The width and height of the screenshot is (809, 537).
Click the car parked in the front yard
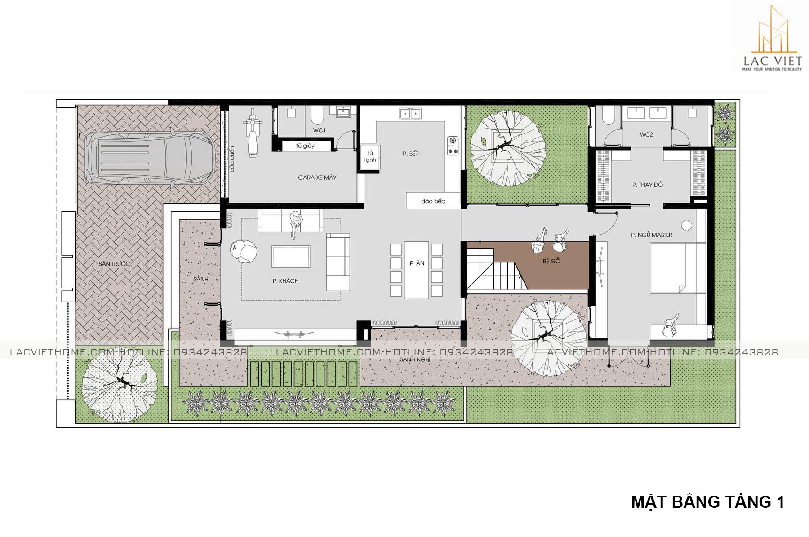pyautogui.click(x=149, y=157)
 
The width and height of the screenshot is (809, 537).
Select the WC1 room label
pyautogui.click(x=320, y=130)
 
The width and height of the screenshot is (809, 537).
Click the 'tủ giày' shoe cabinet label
pyautogui.click(x=305, y=146)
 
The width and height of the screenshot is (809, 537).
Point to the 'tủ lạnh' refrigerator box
pyautogui.click(x=370, y=157)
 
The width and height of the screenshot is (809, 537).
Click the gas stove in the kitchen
pyautogui.click(x=453, y=146)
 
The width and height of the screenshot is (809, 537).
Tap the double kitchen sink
pyautogui.click(x=410, y=113)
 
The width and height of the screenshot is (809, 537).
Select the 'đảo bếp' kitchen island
pyautogui.click(x=433, y=201)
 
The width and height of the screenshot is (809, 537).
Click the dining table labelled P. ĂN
pyautogui.click(x=416, y=270)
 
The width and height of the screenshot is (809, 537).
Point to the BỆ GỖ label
pyautogui.click(x=551, y=261)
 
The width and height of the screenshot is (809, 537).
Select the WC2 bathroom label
pyautogui.click(x=646, y=134)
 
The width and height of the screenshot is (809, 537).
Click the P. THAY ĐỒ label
pyautogui.click(x=647, y=185)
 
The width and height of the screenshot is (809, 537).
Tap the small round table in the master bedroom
pyautogui.click(x=686, y=225)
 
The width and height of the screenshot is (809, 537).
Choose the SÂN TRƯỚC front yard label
pyautogui.click(x=114, y=264)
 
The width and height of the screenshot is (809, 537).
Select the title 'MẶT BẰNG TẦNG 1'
pyautogui.click(x=707, y=501)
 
